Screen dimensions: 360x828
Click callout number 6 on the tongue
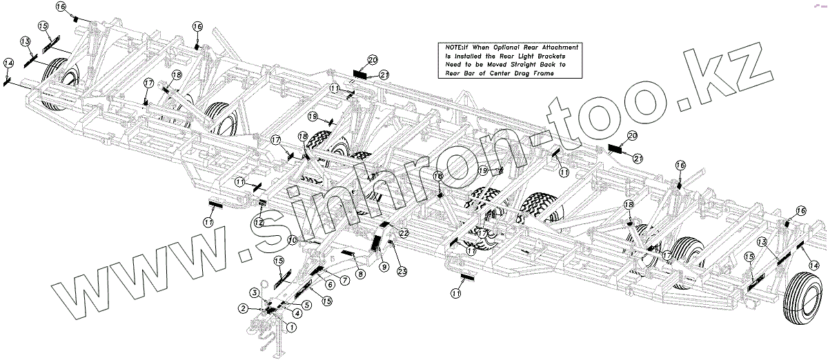(330, 284)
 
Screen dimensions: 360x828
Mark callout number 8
(360, 274)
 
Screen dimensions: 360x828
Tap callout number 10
(293, 240)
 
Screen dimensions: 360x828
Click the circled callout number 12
(257, 222)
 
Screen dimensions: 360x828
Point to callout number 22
(404, 234)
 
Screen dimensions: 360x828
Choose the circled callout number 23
(402, 271)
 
